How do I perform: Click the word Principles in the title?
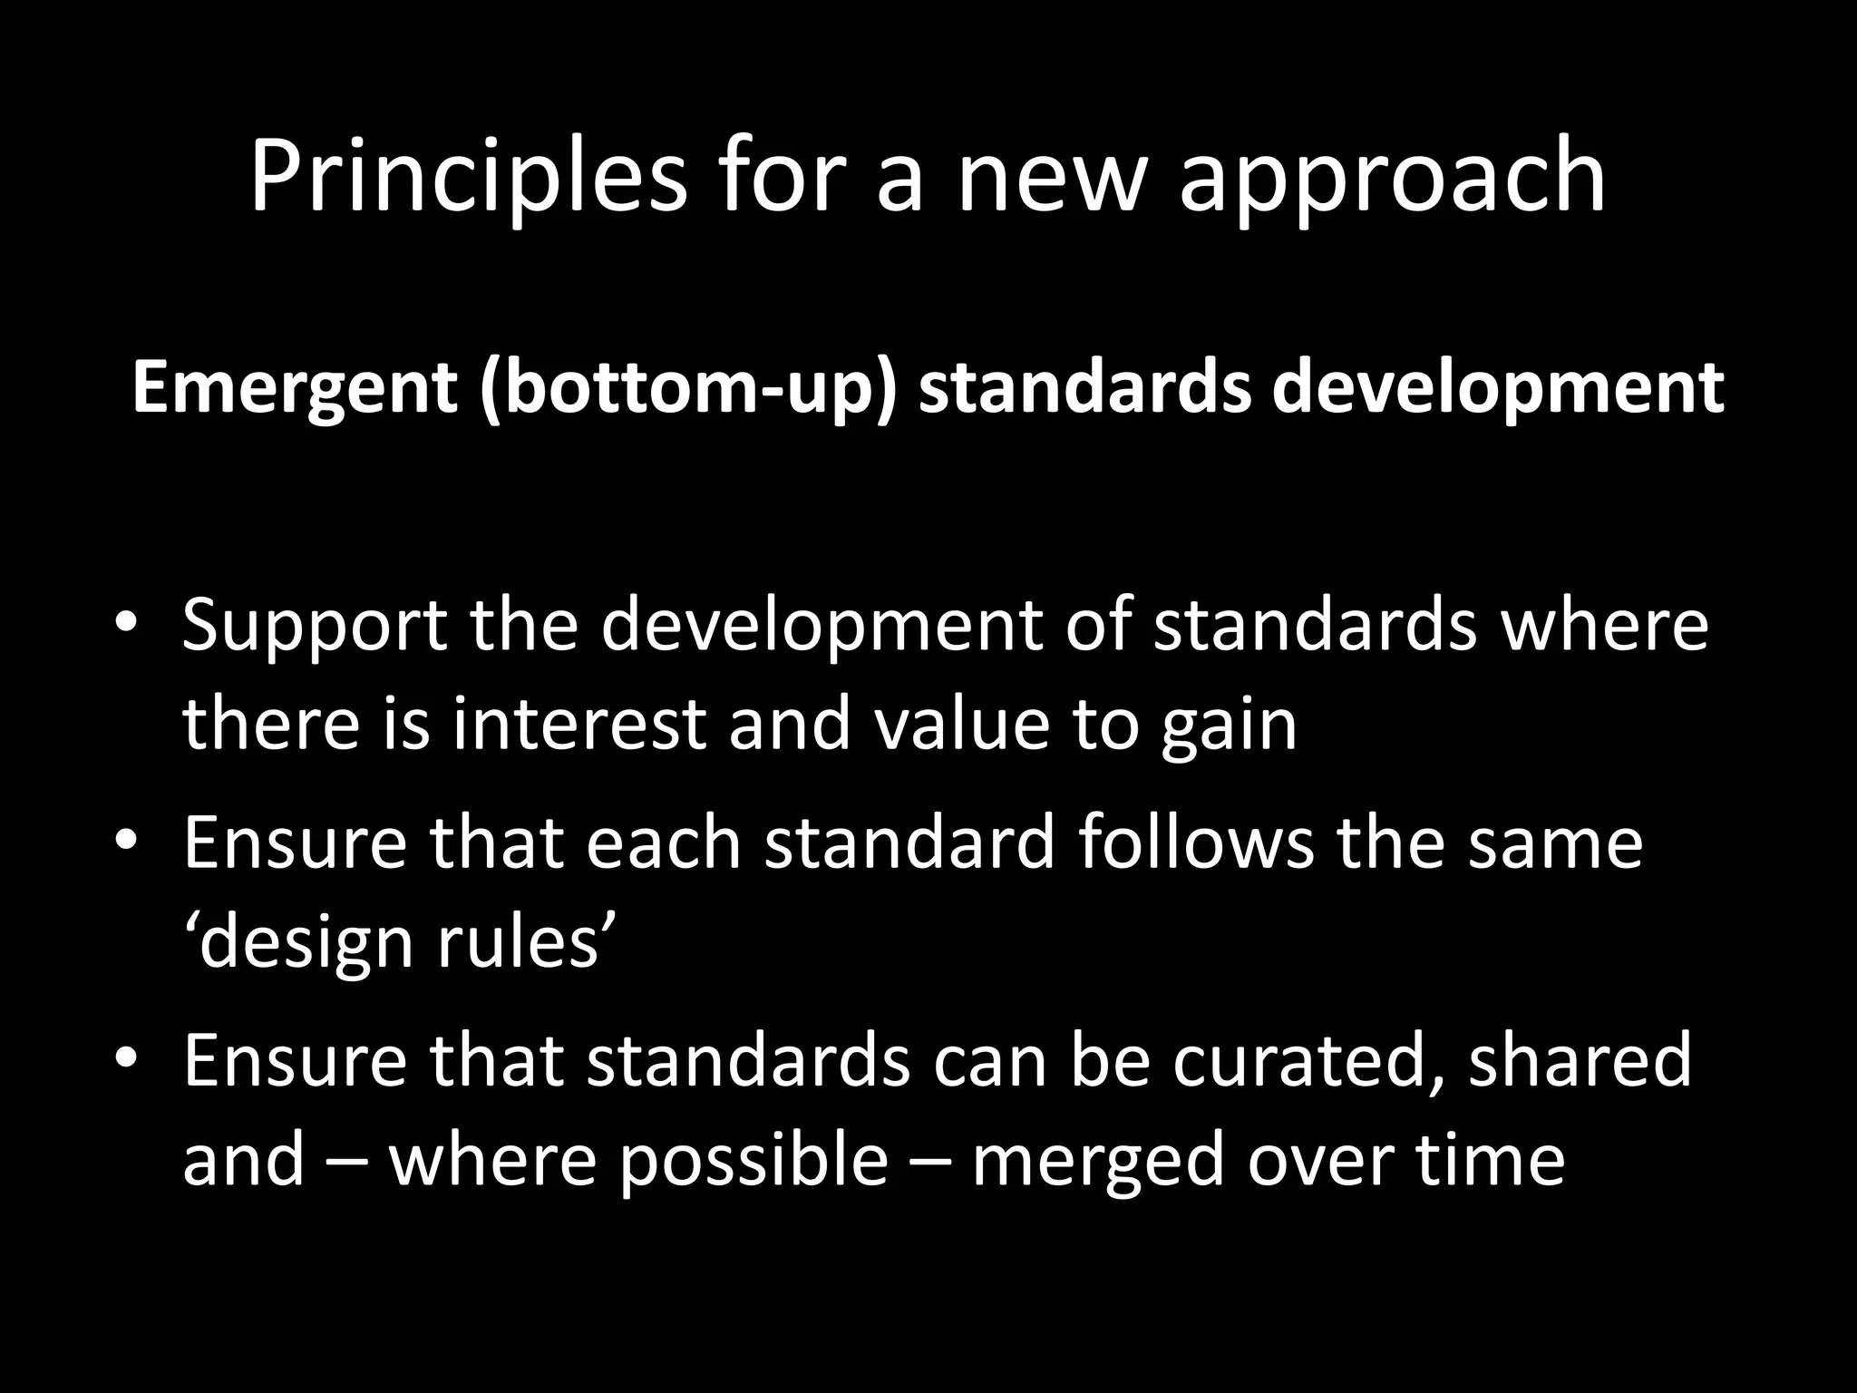coord(468,177)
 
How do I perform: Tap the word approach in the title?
coord(1392,177)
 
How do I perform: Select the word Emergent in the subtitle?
coord(294,387)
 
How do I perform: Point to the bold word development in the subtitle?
coord(1497,387)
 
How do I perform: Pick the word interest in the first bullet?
coord(578,726)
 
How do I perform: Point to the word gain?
coord(1229,726)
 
